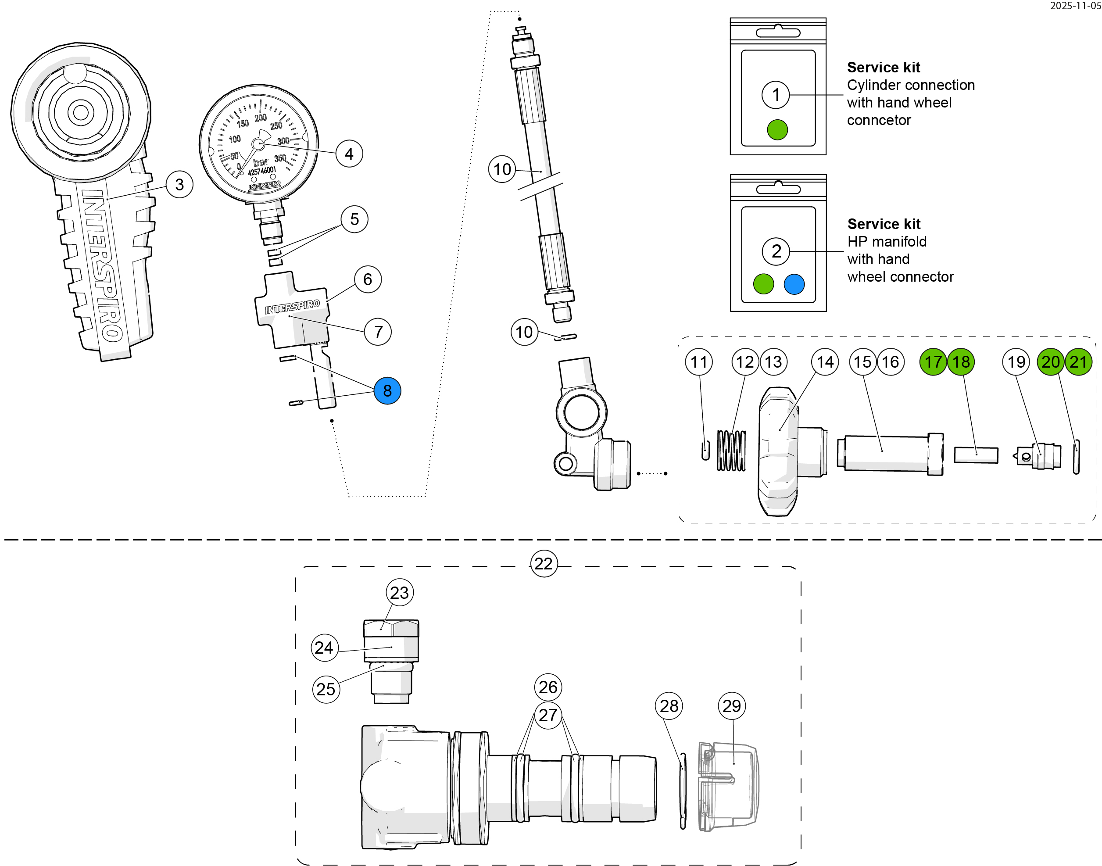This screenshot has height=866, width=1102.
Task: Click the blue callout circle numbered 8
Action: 387,390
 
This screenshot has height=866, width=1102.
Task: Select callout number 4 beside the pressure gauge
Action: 349,154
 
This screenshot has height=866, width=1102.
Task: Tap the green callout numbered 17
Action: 933,361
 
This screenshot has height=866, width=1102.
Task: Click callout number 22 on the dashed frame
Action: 544,563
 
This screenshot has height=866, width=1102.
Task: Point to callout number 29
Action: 731,705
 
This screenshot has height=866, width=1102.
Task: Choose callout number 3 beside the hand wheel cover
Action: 179,184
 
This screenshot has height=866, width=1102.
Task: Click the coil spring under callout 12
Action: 731,450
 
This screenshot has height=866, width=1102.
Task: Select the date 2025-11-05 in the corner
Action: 1075,6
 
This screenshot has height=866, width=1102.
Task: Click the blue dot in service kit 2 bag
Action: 794,284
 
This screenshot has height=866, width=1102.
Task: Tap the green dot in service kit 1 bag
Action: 777,129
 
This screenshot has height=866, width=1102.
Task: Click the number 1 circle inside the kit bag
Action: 776,94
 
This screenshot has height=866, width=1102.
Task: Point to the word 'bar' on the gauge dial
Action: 261,162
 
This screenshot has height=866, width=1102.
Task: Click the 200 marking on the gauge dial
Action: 261,118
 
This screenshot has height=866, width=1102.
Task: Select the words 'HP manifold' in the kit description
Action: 887,241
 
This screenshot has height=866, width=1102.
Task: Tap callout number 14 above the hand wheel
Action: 825,361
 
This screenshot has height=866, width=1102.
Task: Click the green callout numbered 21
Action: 1078,361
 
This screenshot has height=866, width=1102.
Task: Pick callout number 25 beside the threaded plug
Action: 326,689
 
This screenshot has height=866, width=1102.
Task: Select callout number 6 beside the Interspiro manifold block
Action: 368,279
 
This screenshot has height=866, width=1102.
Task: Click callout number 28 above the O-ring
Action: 669,705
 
